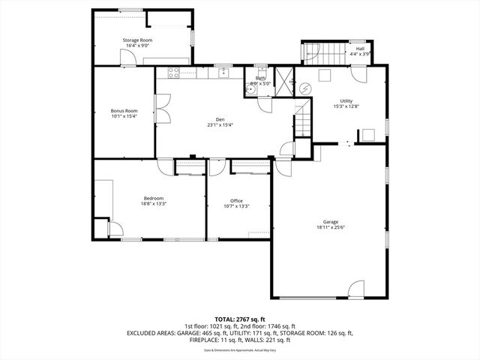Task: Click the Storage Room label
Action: (x=137, y=40)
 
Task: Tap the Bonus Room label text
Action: (x=124, y=109)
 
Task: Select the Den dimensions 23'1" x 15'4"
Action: (x=220, y=125)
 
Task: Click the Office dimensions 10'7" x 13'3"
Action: (x=236, y=206)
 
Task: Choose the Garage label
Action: (x=331, y=221)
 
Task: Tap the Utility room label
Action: (x=346, y=100)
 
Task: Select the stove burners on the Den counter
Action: (x=174, y=73)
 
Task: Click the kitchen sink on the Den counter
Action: (x=223, y=73)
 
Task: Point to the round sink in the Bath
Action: (x=250, y=88)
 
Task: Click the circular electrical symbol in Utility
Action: (x=306, y=87)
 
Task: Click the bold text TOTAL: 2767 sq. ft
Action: (x=239, y=319)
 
